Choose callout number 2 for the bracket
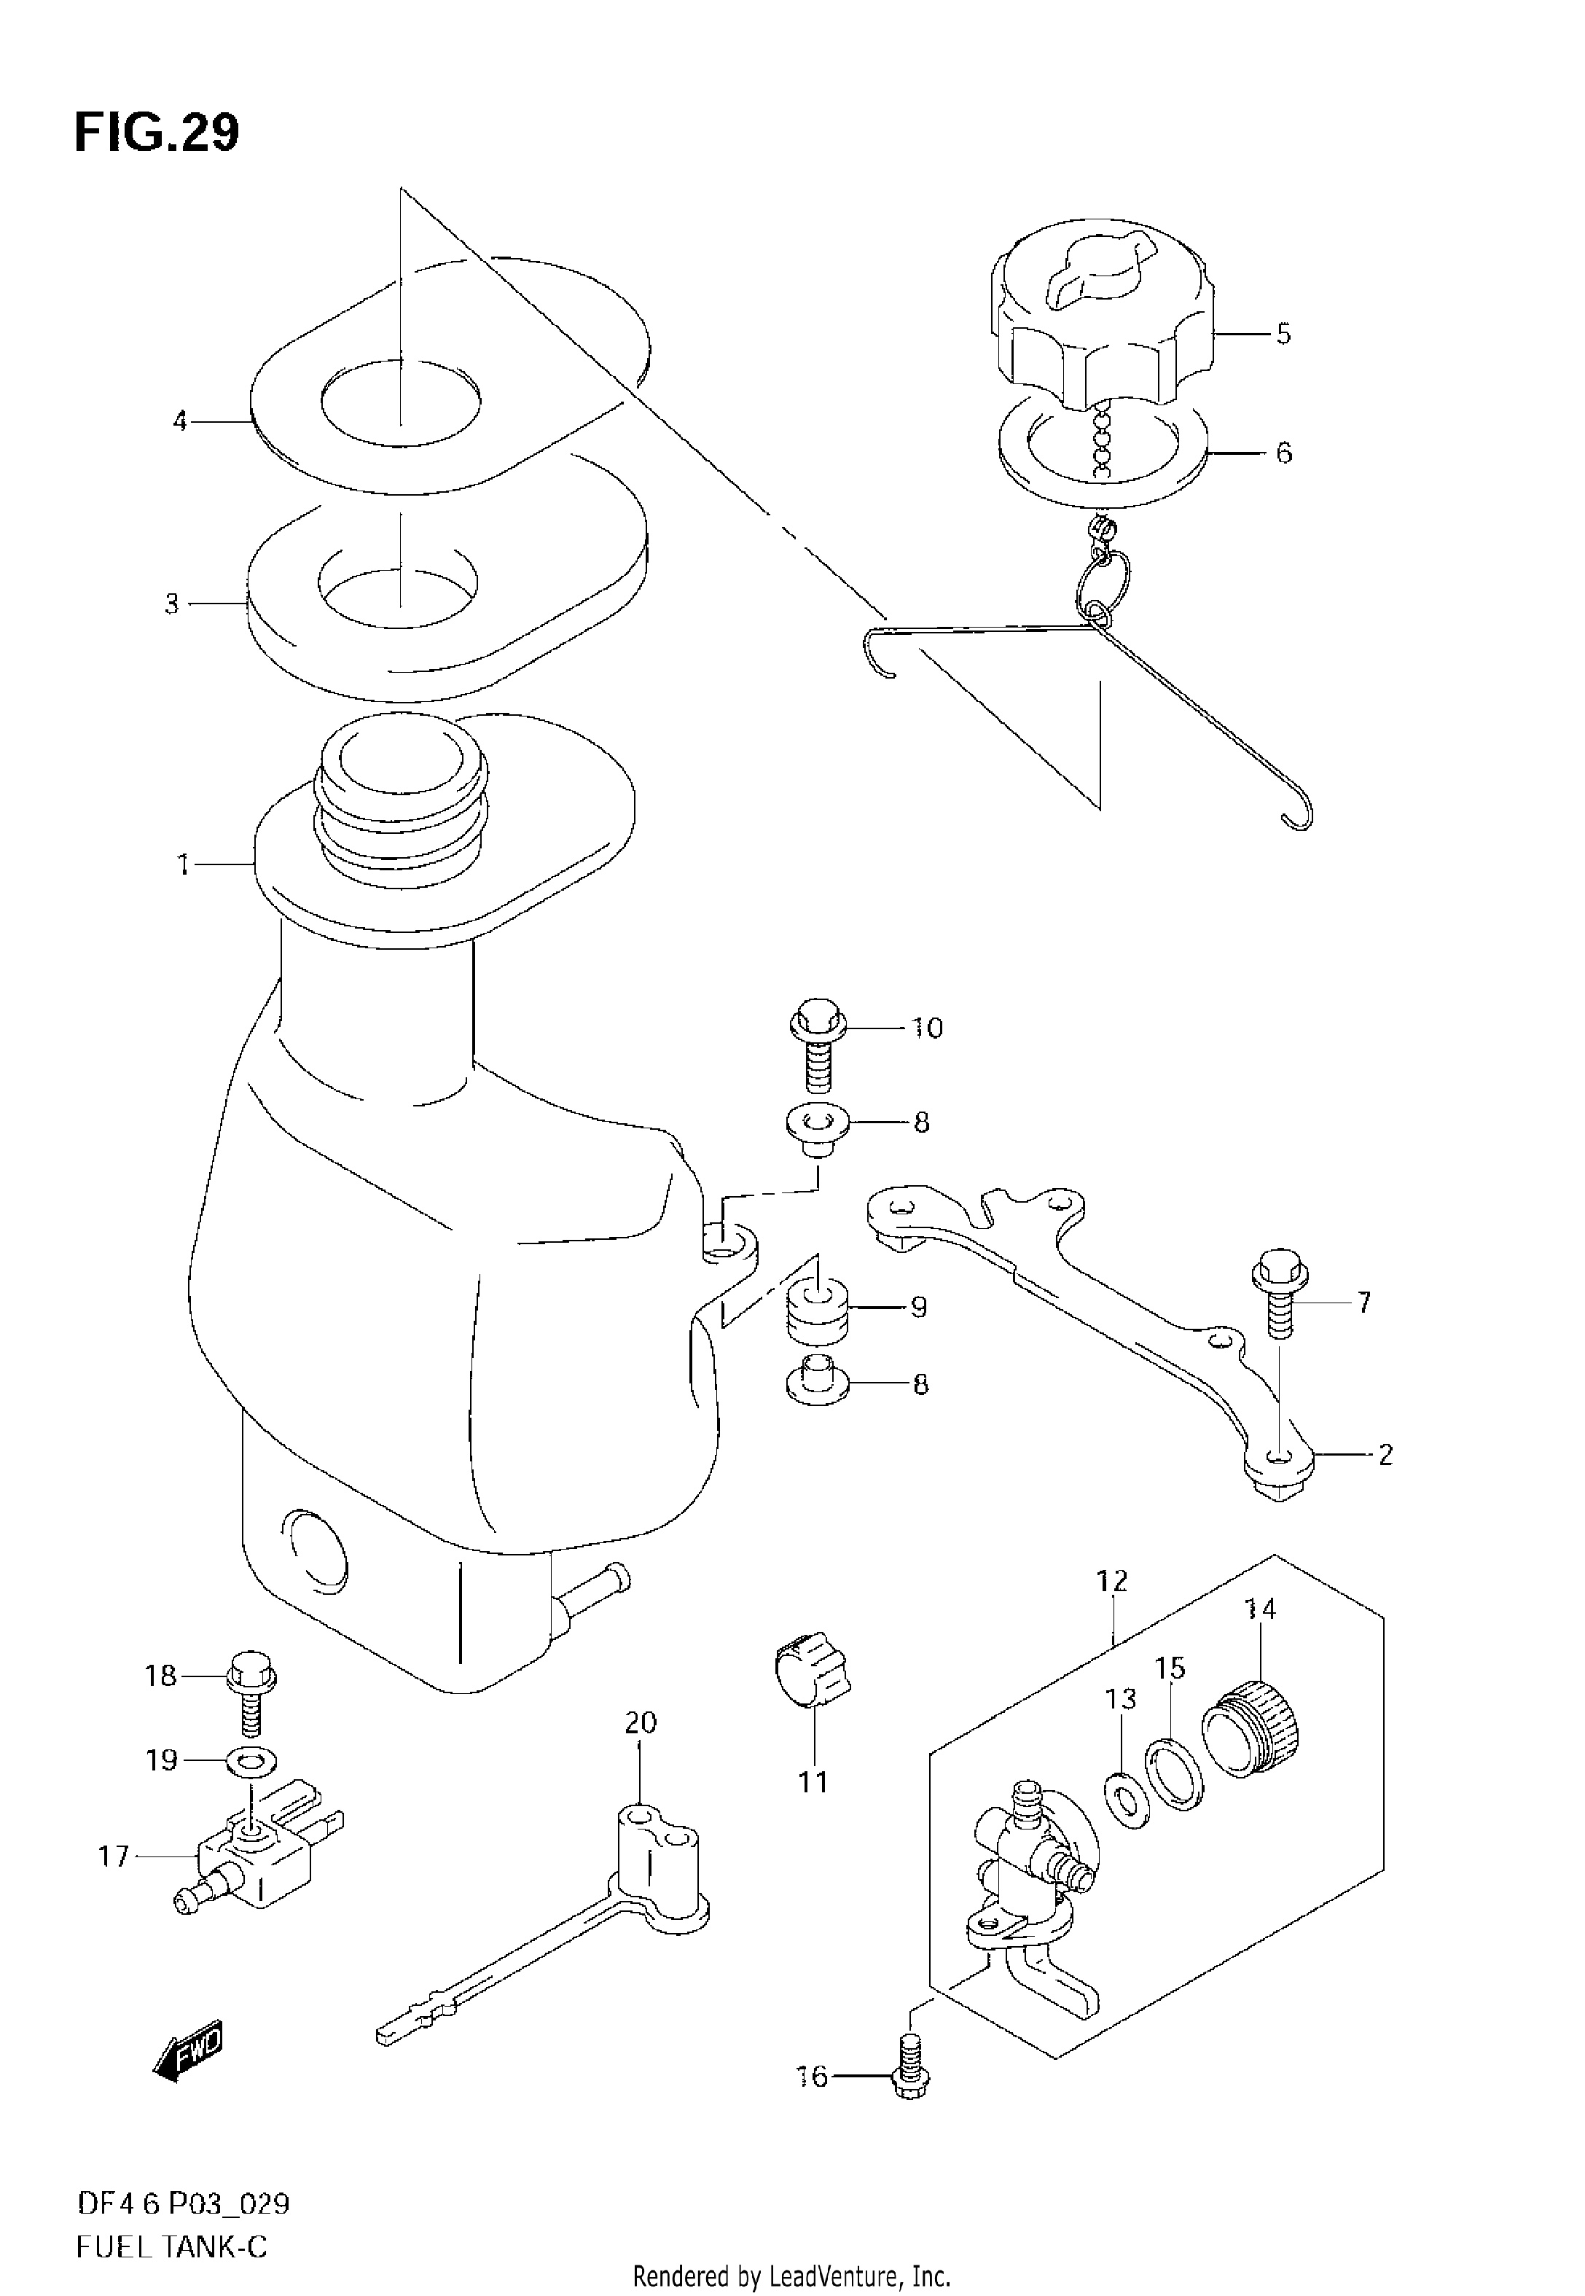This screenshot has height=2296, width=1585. (1385, 1455)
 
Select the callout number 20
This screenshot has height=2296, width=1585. (641, 1721)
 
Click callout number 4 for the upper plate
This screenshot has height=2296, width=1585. (180, 421)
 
